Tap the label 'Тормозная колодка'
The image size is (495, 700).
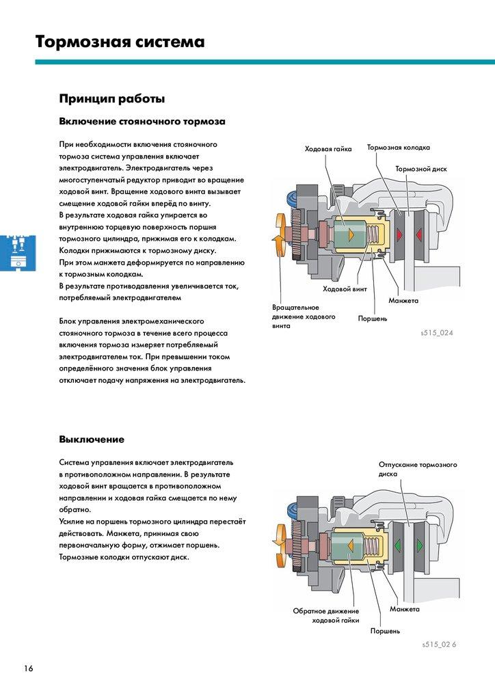click(399, 148)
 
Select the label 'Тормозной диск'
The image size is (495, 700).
click(421, 168)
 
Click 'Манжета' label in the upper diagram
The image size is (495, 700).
click(403, 301)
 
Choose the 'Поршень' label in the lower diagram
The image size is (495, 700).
click(385, 631)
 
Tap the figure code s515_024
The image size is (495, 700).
click(438, 333)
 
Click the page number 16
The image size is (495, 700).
click(27, 668)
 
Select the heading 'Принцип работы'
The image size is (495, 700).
click(112, 99)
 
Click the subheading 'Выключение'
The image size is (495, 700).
click(92, 439)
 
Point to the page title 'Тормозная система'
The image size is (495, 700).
click(120, 42)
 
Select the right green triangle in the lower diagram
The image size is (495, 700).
click(418, 547)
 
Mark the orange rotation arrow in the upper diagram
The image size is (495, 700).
click(280, 235)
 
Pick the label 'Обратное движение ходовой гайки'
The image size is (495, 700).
click(325, 615)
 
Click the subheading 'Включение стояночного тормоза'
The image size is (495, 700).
click(142, 122)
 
